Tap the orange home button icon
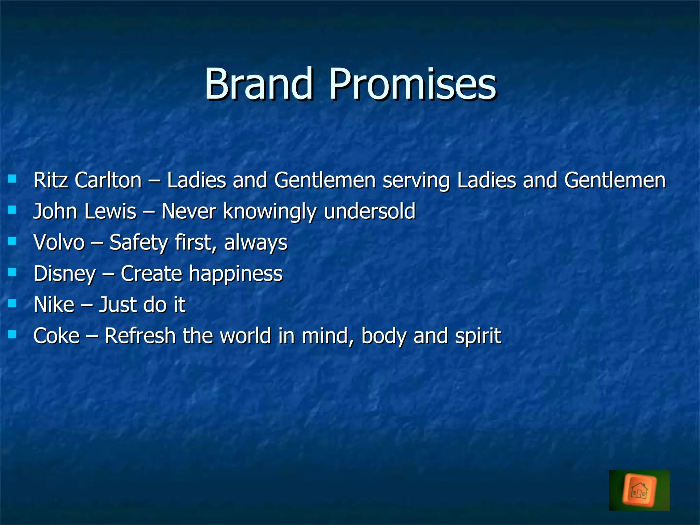pos(639,490)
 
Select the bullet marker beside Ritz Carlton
pos(12,179)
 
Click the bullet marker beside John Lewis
pos(12,210)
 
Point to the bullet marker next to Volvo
pos(12,241)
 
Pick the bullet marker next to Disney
pos(12,272)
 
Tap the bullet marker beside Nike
pos(12,303)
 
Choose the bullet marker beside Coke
pos(12,334)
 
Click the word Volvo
pos(59,242)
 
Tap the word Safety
pos(139,243)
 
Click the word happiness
pos(236,274)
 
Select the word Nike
pos(54,305)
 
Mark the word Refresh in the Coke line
pos(140,336)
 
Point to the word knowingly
pos(270,212)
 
